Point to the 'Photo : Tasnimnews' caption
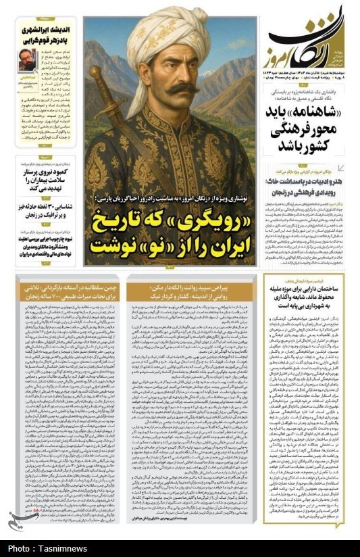(x=47, y=548)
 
